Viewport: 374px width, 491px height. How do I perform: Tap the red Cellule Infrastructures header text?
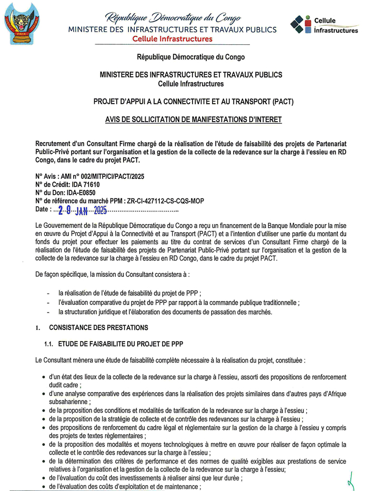coord(172,39)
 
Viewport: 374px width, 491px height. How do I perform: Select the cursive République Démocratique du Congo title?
coord(172,18)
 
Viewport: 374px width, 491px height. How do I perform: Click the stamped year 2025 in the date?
coord(100,211)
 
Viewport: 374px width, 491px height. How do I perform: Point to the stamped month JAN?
coord(82,212)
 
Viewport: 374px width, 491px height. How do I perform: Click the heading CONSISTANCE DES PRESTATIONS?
coord(98,327)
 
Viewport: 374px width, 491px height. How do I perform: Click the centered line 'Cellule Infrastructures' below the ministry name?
coord(190,83)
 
